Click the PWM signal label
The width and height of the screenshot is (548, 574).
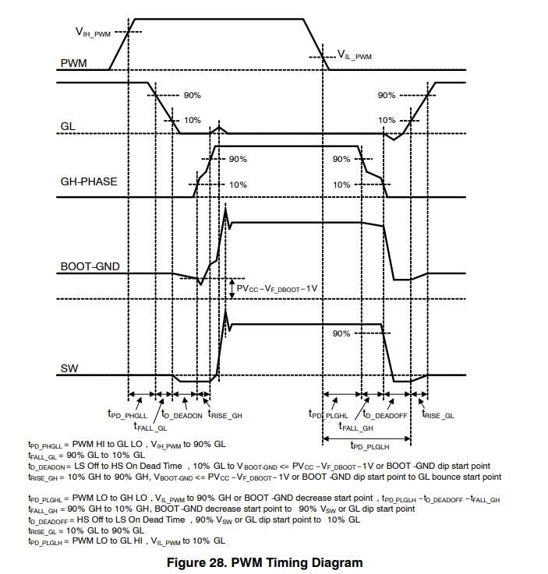tap(73, 63)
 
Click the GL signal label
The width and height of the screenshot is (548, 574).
tap(68, 126)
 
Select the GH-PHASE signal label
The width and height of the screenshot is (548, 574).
tap(89, 181)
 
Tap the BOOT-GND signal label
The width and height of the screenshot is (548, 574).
tap(90, 266)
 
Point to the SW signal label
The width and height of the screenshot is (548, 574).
tap(69, 368)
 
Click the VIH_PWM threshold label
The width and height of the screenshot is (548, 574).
tap(93, 32)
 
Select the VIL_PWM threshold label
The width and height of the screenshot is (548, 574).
tap(355, 55)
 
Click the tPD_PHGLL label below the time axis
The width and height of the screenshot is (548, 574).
tap(127, 414)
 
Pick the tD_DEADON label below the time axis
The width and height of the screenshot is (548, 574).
tap(182, 414)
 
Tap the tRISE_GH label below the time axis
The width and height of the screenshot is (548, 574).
tap(225, 414)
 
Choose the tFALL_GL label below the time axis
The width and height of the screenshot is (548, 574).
tap(150, 427)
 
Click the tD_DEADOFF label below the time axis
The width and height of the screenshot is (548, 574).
tap(384, 414)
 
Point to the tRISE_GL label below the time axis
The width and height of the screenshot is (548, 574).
tap(438, 414)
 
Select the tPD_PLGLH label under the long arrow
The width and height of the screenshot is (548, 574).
tap(369, 445)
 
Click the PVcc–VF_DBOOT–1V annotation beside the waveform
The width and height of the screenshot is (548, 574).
tap(277, 289)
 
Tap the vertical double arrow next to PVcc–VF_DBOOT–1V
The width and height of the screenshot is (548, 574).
tap(232, 289)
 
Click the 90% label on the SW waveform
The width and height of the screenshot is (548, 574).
tap(341, 333)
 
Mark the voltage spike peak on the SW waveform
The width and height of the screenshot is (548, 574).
tap(225, 310)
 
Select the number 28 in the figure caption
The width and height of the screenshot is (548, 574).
tap(216, 562)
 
